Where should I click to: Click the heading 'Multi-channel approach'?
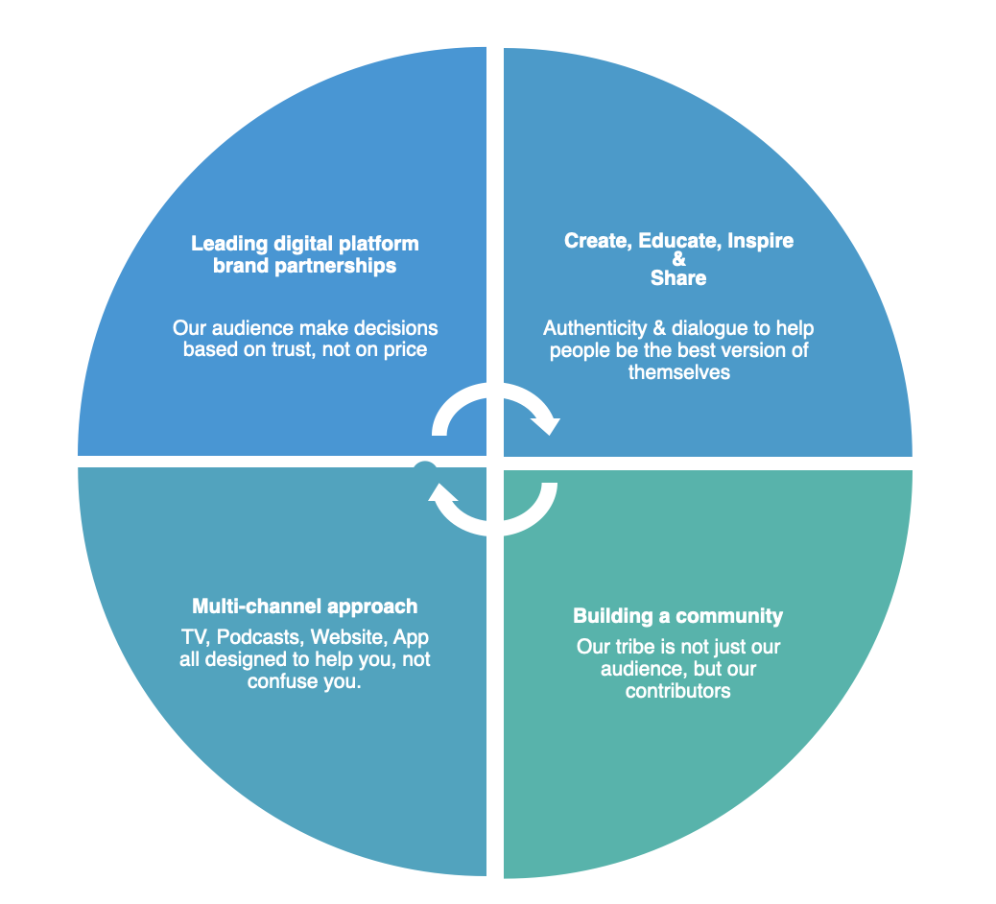tap(304, 607)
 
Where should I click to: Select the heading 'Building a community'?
tap(677, 616)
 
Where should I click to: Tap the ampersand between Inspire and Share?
tap(679, 259)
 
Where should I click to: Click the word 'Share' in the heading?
tap(678, 278)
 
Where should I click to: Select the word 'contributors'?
tap(677, 691)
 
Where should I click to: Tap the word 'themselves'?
tap(678, 372)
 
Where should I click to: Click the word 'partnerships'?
tap(336, 266)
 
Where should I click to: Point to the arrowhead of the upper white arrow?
tap(546, 423)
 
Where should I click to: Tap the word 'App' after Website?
tap(411, 639)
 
